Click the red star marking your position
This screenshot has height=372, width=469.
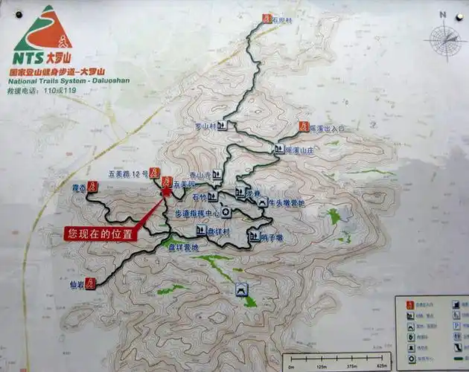tap(165, 191)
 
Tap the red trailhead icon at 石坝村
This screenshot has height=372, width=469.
tap(267, 18)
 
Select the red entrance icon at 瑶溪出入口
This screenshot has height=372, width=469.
tap(303, 126)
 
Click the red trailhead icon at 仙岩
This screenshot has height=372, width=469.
tap(89, 283)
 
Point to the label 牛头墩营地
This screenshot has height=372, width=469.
tap(288, 202)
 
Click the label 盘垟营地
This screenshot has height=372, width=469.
tap(185, 246)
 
